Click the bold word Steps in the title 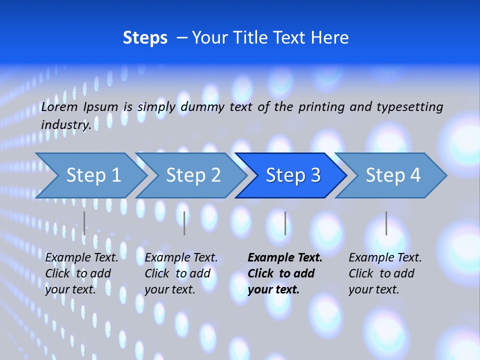click(x=145, y=38)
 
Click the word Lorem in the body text click(x=59, y=106)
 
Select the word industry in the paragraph click(x=65, y=125)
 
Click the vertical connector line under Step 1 click(x=84, y=223)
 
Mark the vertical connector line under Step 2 click(x=184, y=223)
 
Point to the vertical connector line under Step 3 click(x=285, y=223)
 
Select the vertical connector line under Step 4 click(x=386, y=223)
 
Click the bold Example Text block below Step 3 click(x=284, y=273)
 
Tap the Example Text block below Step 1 click(x=81, y=273)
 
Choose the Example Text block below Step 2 click(x=181, y=273)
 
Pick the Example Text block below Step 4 click(x=385, y=273)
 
